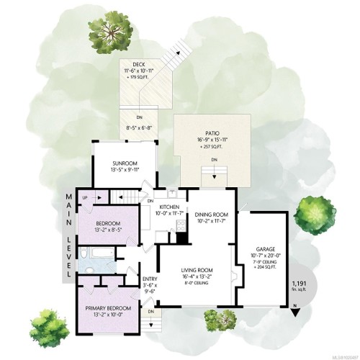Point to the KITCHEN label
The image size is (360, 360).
coord(172,207)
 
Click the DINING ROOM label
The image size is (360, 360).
coord(212,215)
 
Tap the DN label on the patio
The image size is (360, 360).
coord(214,159)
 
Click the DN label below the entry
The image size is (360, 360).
coord(151,311)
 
